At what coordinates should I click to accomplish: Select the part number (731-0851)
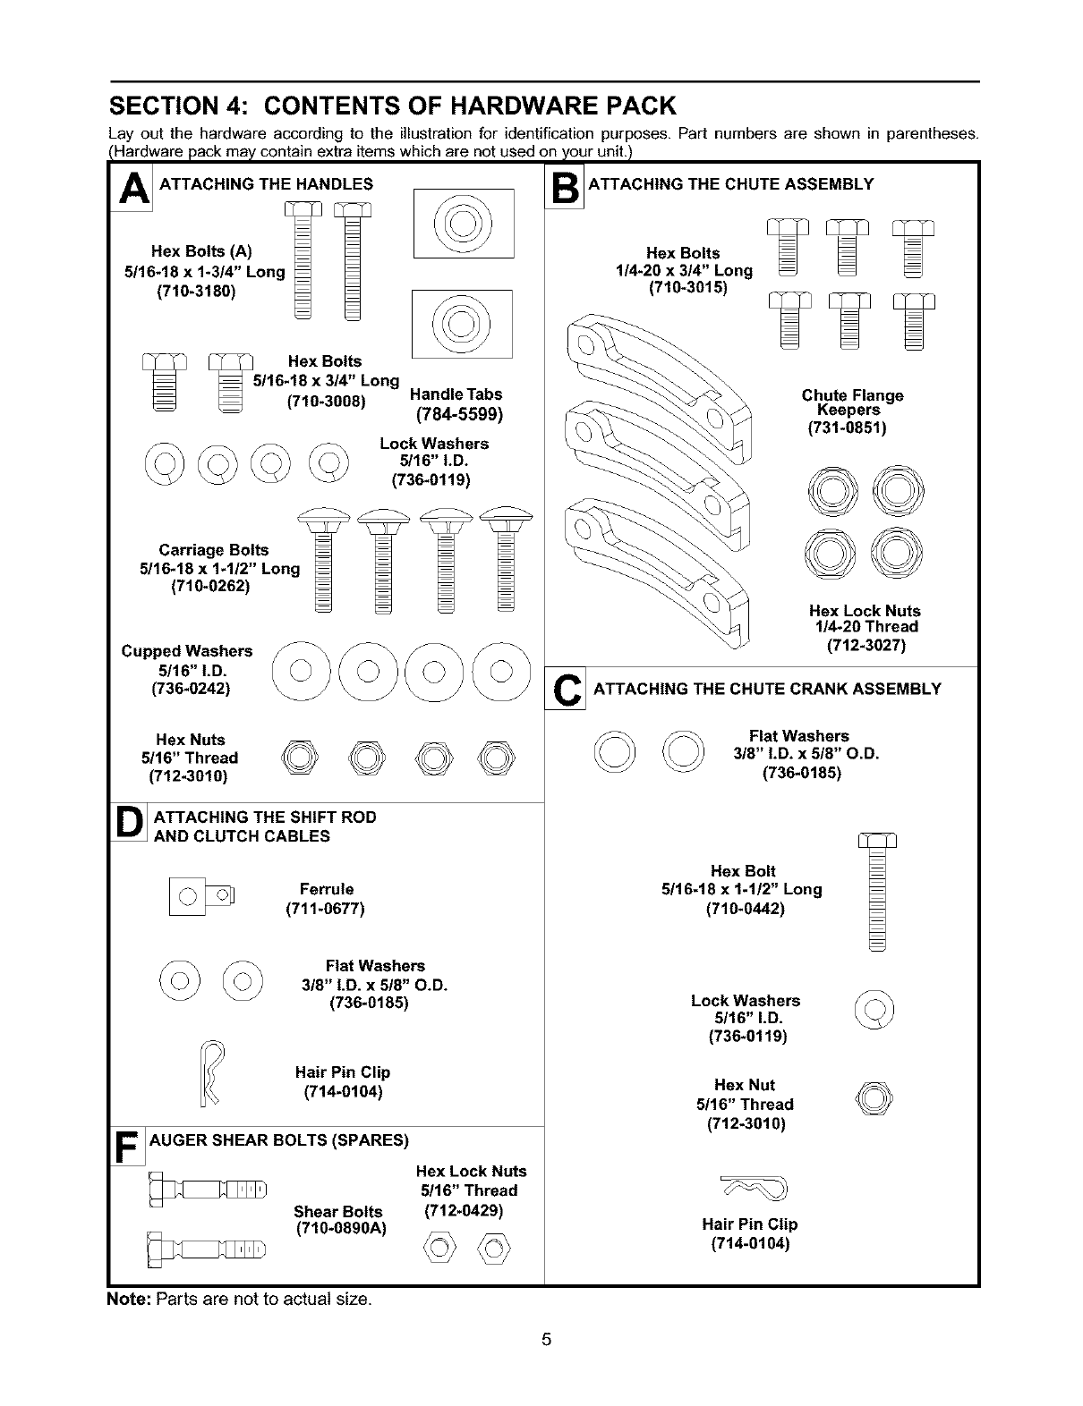(846, 428)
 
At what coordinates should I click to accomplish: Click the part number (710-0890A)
(340, 1228)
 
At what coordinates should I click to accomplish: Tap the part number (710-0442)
(745, 909)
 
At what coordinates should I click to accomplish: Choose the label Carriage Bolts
(213, 549)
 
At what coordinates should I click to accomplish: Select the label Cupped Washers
(187, 650)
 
